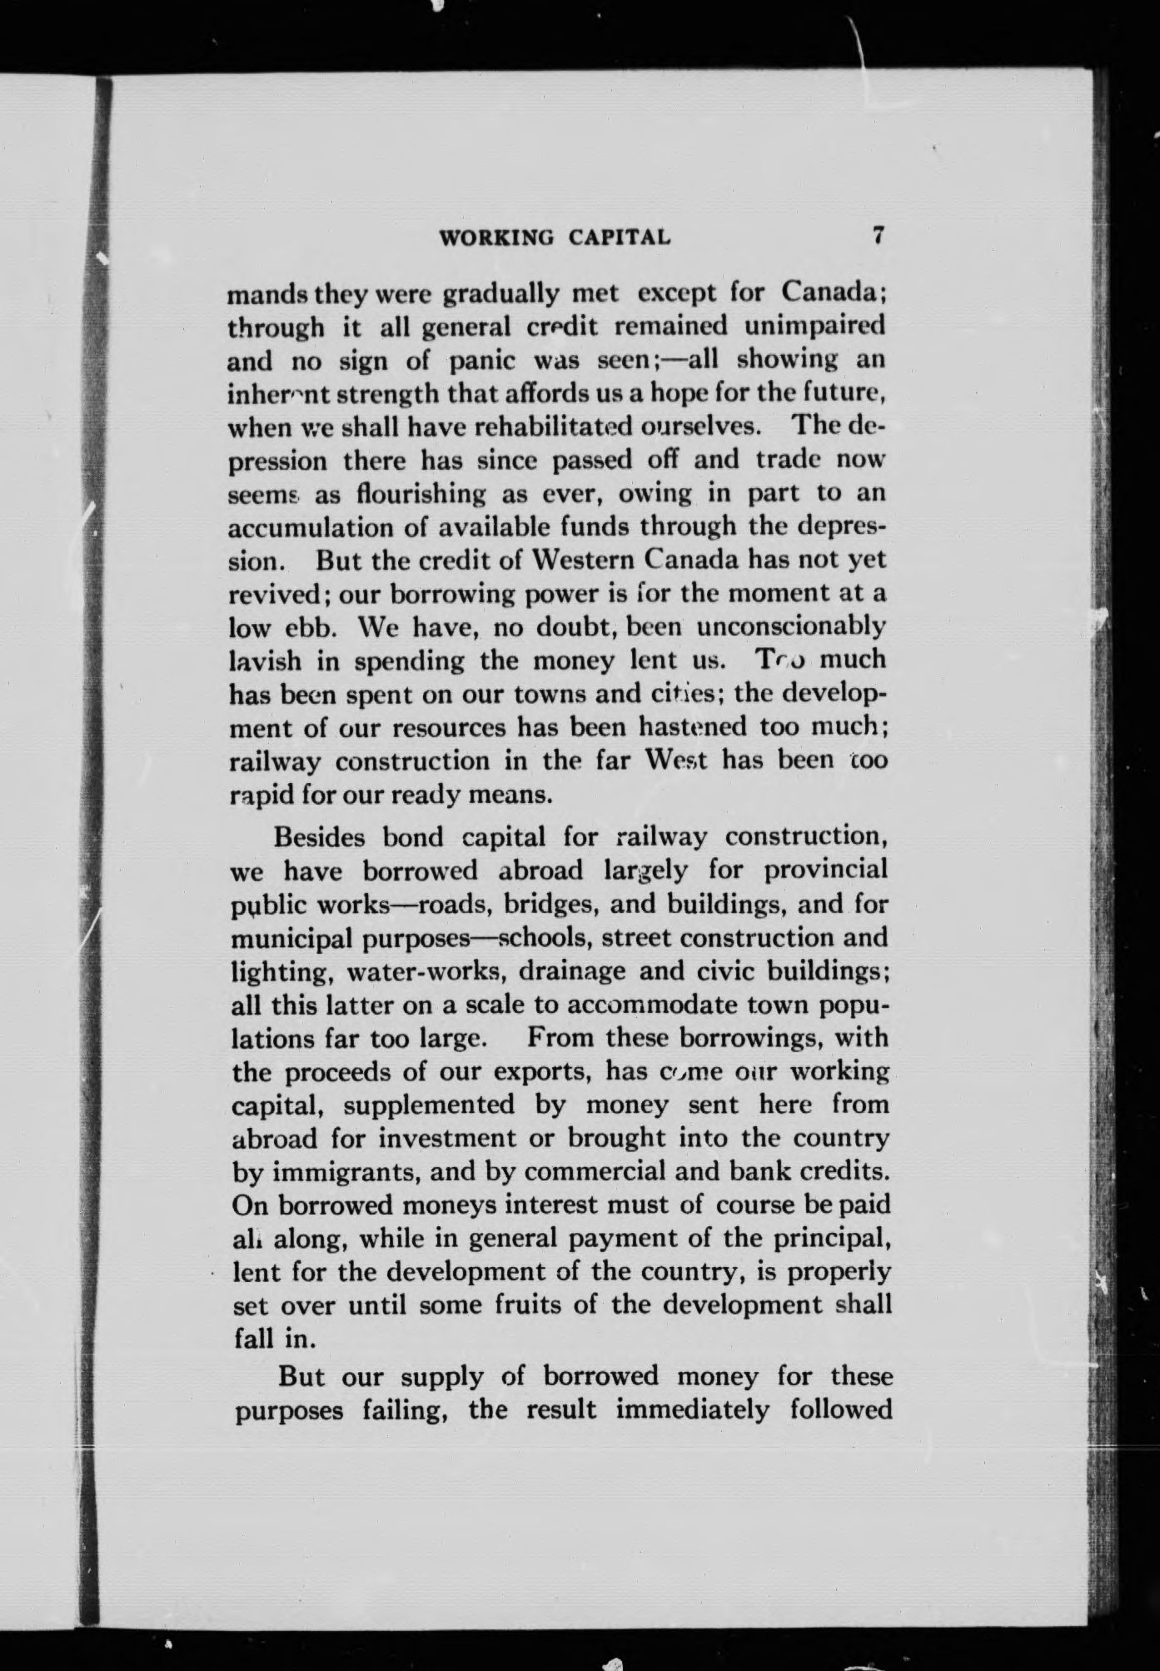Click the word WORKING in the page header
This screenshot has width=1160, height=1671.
(496, 237)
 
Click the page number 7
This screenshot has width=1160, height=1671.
(877, 236)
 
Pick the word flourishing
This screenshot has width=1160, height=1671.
(409, 493)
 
